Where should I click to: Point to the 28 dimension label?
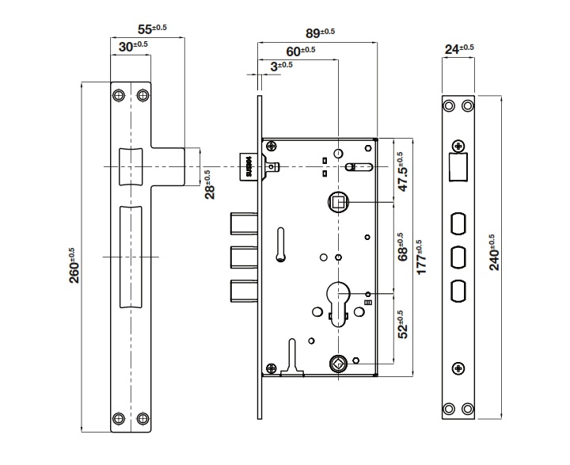point(210,184)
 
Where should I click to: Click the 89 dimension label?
point(320,32)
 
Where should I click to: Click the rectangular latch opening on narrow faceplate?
point(458,167)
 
